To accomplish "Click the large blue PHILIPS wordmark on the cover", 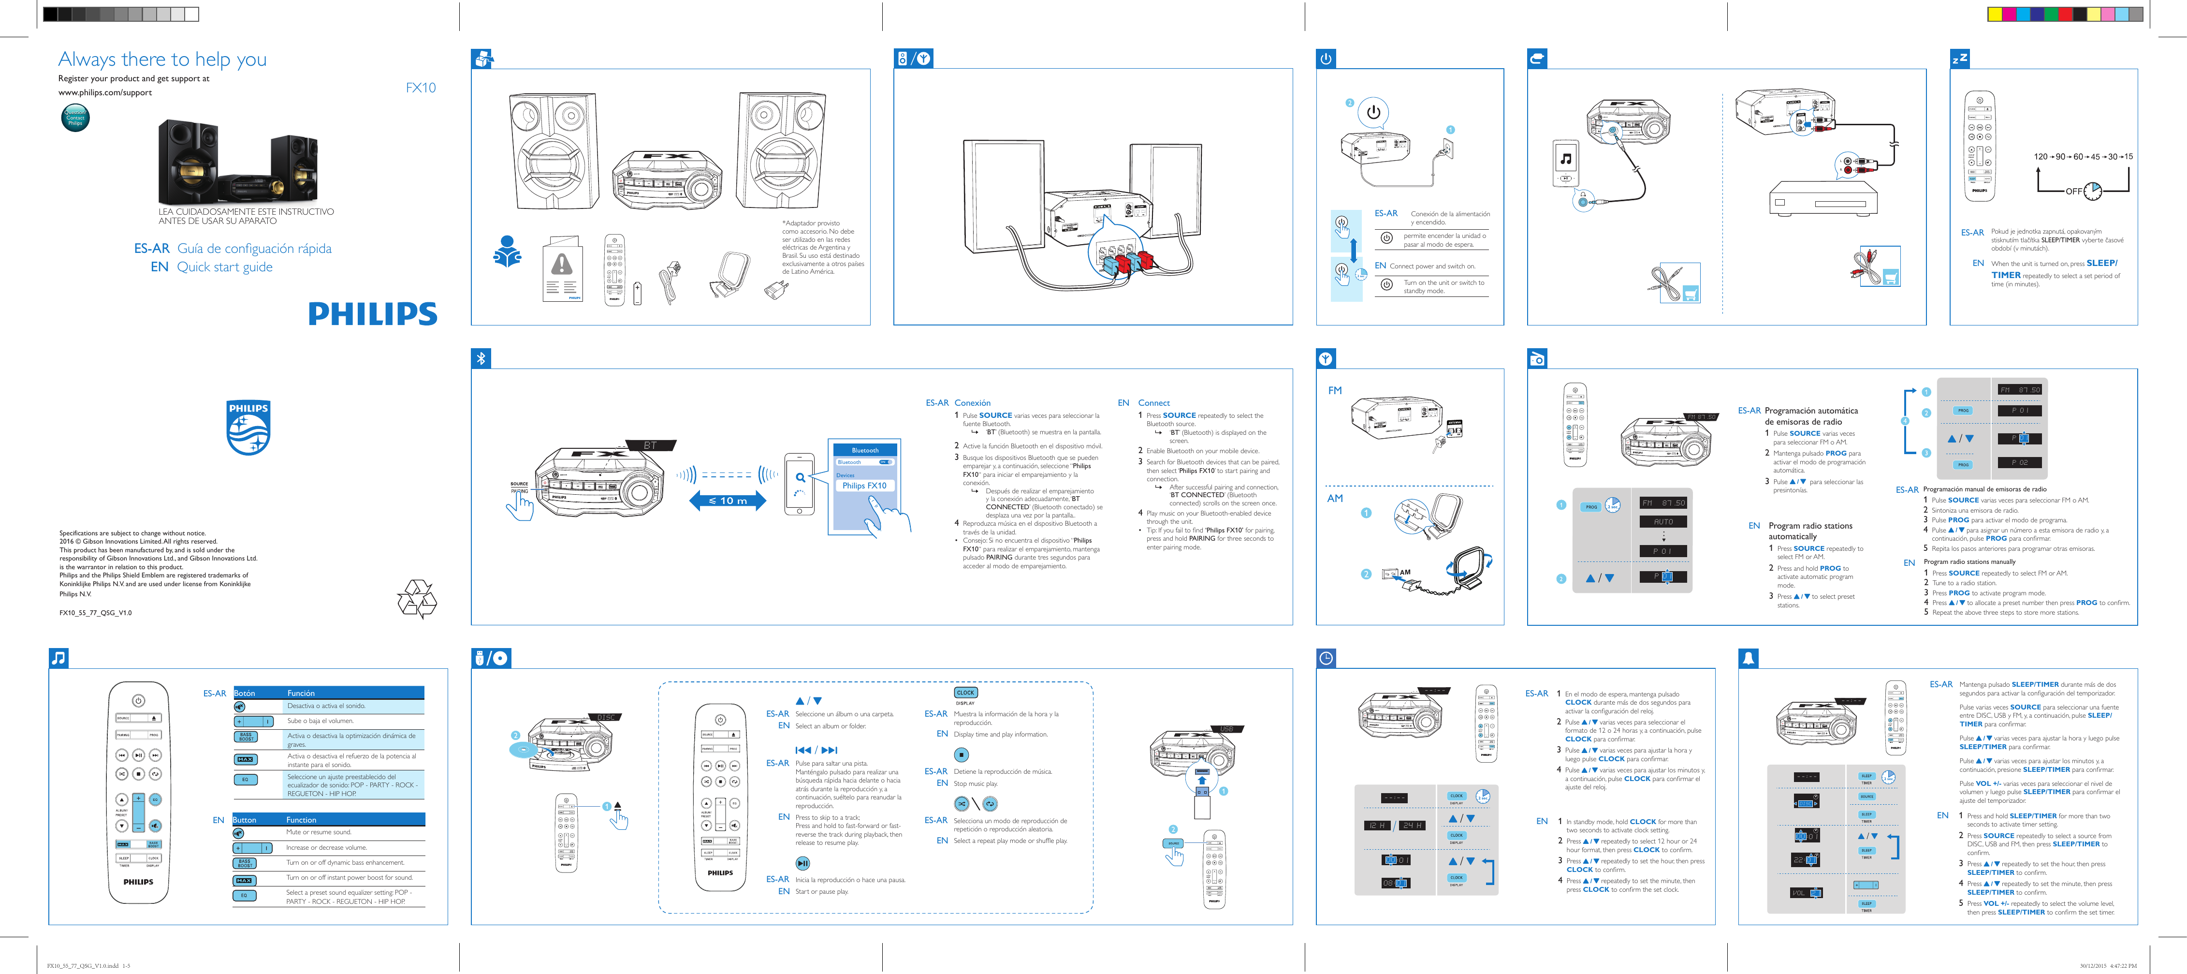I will coord(373,314).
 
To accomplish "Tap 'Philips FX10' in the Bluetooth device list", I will coord(864,486).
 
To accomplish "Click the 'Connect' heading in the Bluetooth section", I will coord(1154,403).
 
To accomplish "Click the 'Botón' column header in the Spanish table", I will coord(245,693).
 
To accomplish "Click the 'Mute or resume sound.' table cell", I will coord(319,832).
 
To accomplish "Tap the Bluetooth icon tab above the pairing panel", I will coord(481,358).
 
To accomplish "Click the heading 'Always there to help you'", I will coord(162,59).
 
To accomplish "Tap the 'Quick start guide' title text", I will coord(225,266).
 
